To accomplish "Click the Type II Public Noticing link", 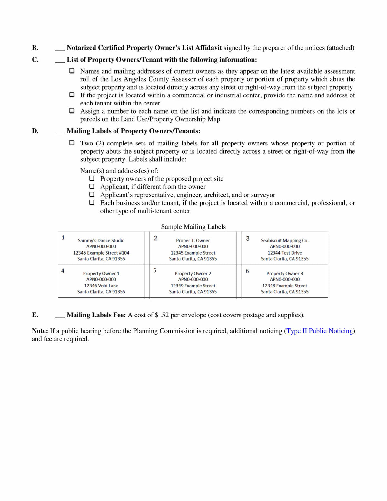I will (320, 331).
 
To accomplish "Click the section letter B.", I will (35, 48).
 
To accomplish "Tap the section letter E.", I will (35, 315).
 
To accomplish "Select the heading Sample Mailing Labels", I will (193, 227).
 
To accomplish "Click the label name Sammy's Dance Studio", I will (101, 241).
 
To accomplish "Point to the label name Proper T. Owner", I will (193, 241).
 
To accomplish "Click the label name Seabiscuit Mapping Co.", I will (284, 241).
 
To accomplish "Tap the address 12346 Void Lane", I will (101, 286).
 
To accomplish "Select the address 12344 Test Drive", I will (284, 253).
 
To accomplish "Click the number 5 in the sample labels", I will (155, 270).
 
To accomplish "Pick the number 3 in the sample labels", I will (248, 238).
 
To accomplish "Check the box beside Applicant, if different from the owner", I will (92, 186).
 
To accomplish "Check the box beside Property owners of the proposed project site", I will (92, 178).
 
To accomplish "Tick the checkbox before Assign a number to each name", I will (72, 111).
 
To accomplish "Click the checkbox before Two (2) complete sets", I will (72, 143).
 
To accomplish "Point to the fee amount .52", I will (164, 315).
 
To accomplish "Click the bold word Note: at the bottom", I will (40, 331).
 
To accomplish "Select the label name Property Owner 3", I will (284, 274).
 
